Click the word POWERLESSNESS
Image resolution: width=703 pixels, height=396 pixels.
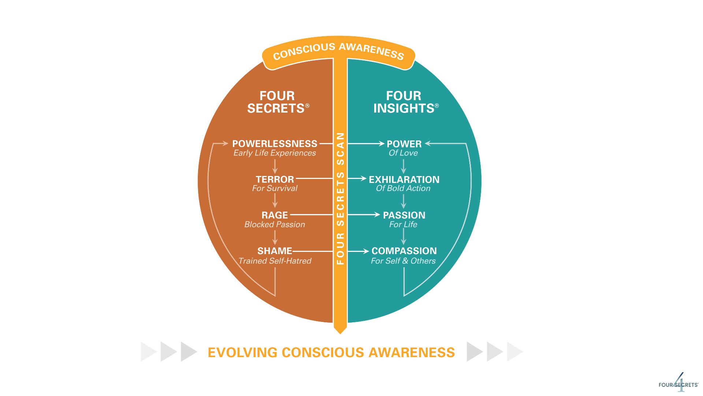[x=275, y=144]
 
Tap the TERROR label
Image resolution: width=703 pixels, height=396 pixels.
[x=275, y=179]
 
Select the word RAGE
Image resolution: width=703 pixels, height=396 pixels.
[x=275, y=215]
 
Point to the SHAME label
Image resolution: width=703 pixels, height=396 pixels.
[x=275, y=251]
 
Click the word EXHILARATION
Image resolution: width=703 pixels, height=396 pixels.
[x=404, y=179]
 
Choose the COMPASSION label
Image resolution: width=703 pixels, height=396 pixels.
[x=404, y=251]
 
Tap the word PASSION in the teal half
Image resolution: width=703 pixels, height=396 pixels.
[x=404, y=215]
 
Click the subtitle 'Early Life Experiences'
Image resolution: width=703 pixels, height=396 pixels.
[x=275, y=153]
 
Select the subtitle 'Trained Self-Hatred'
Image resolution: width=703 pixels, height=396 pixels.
[x=275, y=261]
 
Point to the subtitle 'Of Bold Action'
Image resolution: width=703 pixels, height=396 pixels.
[x=403, y=188]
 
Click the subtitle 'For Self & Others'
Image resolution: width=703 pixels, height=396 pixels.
[x=403, y=261]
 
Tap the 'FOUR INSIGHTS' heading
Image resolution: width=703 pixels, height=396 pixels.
[x=405, y=102]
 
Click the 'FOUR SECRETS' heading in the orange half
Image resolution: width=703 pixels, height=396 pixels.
[x=277, y=102]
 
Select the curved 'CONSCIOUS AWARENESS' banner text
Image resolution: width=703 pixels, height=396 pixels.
[x=339, y=51]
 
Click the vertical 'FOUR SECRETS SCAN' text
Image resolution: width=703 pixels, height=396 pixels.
[x=341, y=198]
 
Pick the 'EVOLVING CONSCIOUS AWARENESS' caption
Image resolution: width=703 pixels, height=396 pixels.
[x=331, y=352]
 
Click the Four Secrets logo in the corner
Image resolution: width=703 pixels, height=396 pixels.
[x=678, y=384]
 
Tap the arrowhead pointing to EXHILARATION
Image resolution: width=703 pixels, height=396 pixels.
[x=364, y=179]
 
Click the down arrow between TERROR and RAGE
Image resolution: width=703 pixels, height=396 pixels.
[x=275, y=201]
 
